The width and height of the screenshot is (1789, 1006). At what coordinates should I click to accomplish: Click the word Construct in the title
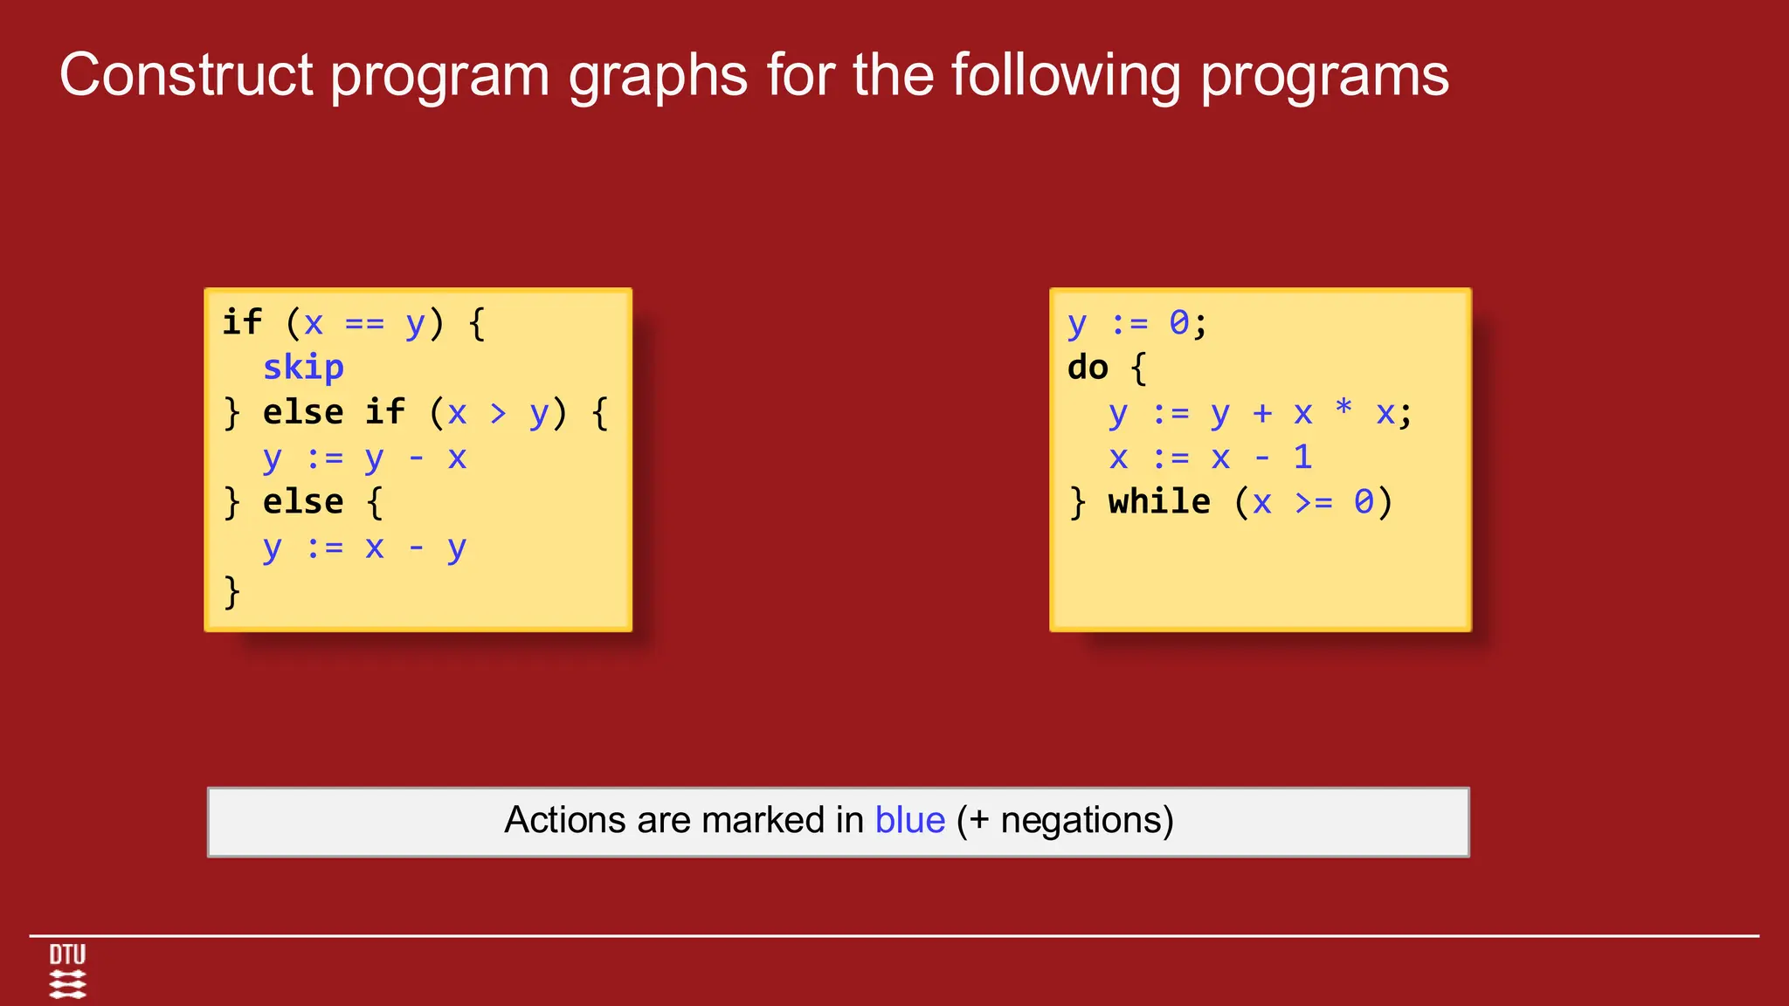[186, 75]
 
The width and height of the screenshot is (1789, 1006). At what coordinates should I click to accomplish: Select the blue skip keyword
[303, 368]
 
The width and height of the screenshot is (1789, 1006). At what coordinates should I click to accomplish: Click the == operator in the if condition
[364, 324]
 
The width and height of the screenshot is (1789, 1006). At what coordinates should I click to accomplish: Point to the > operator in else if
[498, 413]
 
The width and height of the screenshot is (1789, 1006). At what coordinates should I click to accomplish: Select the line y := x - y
[364, 548]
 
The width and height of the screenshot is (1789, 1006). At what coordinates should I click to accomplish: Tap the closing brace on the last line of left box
[231, 592]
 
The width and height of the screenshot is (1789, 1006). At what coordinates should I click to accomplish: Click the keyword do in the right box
[1088, 368]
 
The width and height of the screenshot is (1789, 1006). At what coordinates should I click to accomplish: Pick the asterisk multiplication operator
[1343, 408]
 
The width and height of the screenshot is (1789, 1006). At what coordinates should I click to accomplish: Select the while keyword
[1159, 502]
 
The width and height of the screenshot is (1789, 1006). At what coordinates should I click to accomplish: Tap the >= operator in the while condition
[1314, 503]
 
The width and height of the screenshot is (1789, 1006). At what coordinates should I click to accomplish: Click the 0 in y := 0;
[1179, 323]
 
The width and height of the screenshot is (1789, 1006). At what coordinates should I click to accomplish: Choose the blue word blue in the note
[909, 821]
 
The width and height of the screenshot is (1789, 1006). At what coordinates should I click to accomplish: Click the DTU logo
[67, 970]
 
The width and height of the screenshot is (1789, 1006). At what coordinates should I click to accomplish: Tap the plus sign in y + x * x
[1261, 413]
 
